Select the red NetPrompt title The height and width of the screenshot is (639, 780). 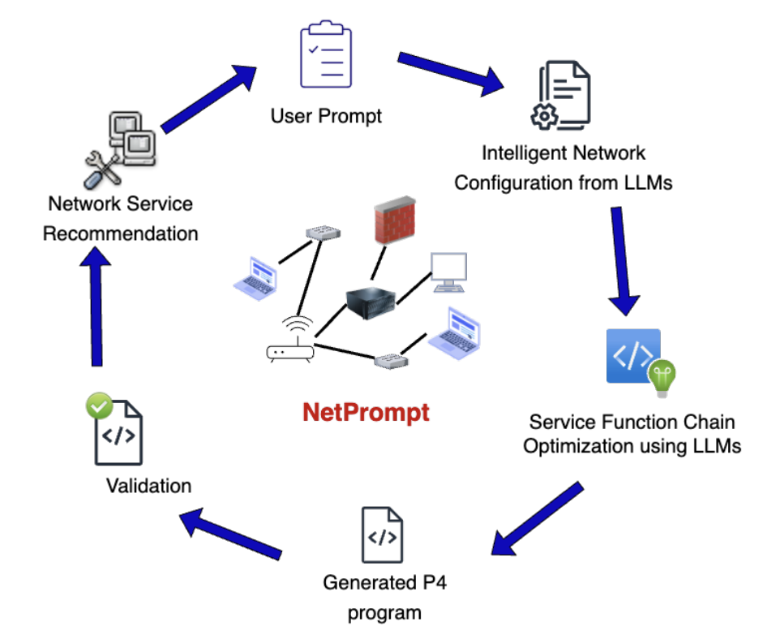click(x=366, y=413)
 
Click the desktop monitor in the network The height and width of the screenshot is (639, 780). click(x=448, y=272)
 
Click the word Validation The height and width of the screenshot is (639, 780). click(x=148, y=486)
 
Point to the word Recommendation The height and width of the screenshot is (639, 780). click(x=120, y=234)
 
